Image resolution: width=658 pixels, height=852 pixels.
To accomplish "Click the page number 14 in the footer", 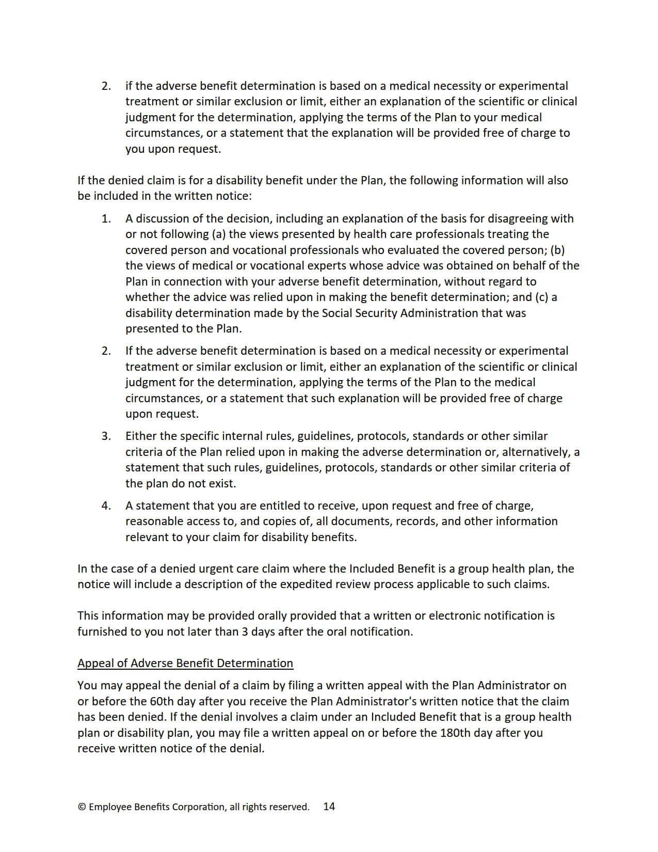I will pyautogui.click(x=329, y=807).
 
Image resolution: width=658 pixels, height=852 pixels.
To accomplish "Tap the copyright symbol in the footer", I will pyautogui.click(x=82, y=807).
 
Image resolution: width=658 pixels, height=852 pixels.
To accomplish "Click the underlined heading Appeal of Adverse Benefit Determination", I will pyautogui.click(x=185, y=663).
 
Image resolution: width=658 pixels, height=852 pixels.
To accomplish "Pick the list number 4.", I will pyautogui.click(x=106, y=506).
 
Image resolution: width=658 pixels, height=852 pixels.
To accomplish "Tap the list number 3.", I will pyautogui.click(x=106, y=436).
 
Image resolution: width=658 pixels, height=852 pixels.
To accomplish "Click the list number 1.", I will pyautogui.click(x=106, y=218).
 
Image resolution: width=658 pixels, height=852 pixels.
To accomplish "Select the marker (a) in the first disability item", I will pyautogui.click(x=218, y=234).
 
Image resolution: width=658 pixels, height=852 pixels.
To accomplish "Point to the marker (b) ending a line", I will pyautogui.click(x=557, y=250).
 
